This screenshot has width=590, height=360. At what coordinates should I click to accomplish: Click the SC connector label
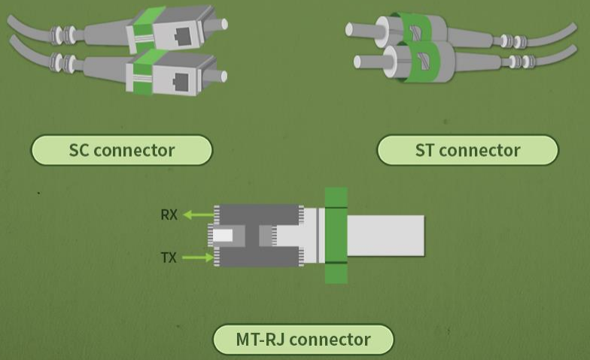[x=121, y=150]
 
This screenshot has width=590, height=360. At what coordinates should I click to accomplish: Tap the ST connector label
[x=467, y=150]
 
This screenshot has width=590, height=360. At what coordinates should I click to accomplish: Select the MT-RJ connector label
[x=303, y=339]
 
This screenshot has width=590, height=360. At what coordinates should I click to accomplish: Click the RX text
[x=169, y=215]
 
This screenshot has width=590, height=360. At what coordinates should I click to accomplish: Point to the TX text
[x=169, y=258]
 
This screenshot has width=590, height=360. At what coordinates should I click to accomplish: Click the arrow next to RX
[x=199, y=215]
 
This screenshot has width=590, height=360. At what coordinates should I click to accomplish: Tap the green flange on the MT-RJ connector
[x=336, y=235]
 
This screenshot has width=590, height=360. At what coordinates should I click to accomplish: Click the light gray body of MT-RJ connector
[x=386, y=235]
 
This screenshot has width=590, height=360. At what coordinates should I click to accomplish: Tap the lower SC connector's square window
[x=181, y=78]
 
